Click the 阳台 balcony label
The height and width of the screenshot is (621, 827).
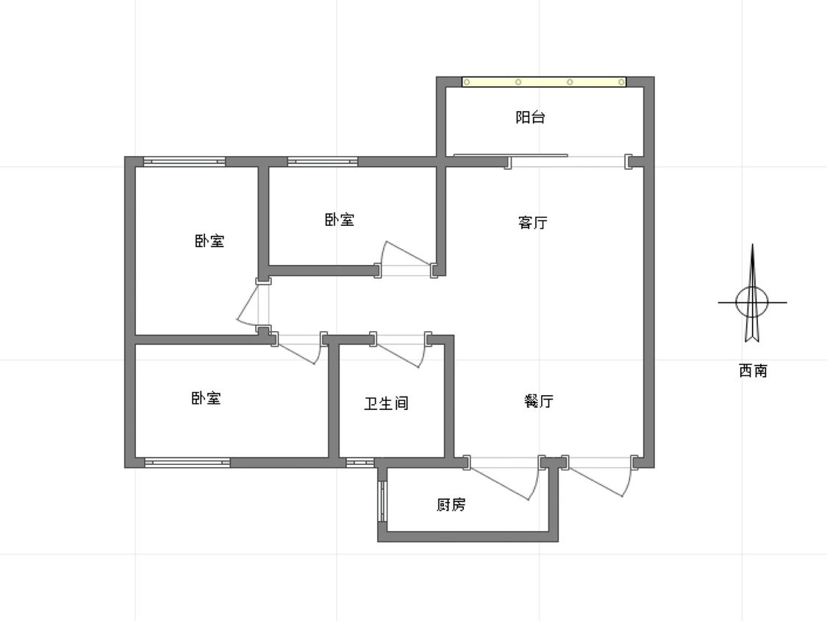point(530,117)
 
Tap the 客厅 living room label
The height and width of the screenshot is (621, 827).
point(533,222)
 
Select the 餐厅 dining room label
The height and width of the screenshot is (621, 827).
point(539,401)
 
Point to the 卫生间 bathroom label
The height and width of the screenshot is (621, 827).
point(386,403)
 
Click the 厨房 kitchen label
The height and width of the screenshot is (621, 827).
point(451,505)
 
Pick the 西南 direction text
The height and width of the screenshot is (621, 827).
point(753,371)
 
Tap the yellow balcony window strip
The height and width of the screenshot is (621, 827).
point(544,82)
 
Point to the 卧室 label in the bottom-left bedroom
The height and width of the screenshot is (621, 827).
point(206,398)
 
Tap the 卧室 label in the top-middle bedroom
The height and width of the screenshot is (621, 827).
point(340,219)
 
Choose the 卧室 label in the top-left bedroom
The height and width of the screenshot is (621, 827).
point(210,241)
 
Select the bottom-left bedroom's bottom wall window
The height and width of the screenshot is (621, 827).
point(187,462)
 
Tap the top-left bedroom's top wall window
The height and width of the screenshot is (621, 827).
point(185,162)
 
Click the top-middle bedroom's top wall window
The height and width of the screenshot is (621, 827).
point(323,162)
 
